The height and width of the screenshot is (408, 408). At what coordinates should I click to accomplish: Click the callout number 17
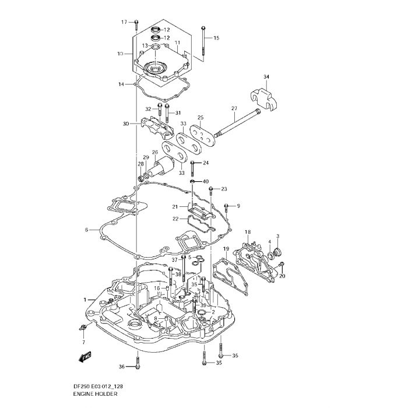click(124, 22)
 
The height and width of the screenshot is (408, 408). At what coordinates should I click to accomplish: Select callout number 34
click(266, 77)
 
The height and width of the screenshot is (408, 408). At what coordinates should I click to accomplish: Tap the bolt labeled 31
click(167, 114)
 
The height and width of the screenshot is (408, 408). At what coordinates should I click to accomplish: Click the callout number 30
click(126, 124)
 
